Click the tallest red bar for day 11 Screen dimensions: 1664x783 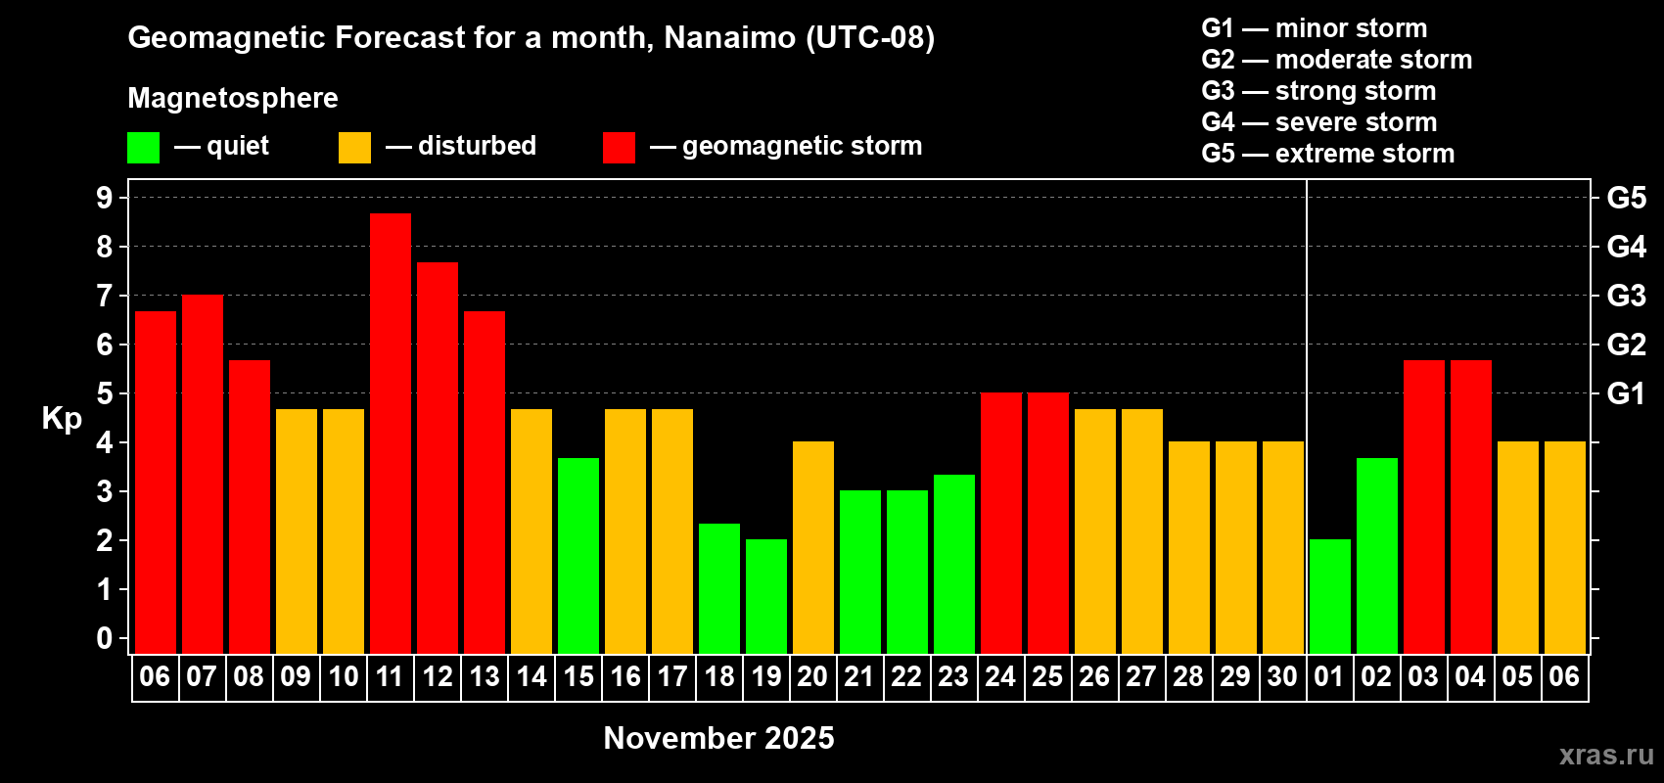(390, 434)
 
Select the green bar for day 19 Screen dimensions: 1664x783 (765, 596)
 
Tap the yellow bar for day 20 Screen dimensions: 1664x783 (813, 547)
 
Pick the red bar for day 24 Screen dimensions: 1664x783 (1001, 523)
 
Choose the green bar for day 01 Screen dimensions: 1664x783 (1329, 596)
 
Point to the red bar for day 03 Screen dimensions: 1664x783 (1424, 507)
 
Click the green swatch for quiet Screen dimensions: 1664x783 (143, 147)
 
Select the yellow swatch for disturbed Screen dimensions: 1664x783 (354, 147)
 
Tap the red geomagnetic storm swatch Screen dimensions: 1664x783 (619, 147)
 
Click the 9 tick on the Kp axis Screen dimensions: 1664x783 (104, 198)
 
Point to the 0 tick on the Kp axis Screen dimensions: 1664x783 (104, 638)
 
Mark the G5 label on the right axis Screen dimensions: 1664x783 (1626, 198)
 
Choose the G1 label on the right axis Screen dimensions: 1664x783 (1626, 393)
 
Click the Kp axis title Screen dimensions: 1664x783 (62, 418)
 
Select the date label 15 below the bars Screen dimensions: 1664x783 (578, 676)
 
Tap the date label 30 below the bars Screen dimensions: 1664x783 (1282, 676)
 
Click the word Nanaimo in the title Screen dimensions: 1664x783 (729, 37)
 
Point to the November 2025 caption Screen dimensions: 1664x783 (718, 738)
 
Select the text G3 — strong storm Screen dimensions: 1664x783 (1318, 91)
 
